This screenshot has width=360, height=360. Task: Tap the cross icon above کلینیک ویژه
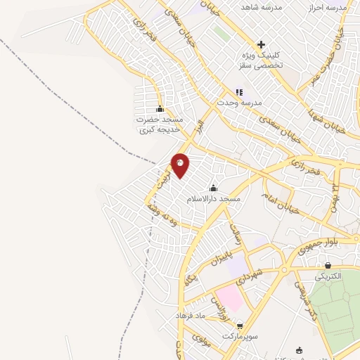(261, 44)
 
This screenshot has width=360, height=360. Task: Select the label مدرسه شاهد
(262, 6)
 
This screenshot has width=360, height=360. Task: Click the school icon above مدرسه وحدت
(239, 92)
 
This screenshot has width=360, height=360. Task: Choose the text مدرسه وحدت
(240, 103)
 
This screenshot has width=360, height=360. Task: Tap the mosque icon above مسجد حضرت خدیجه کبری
(160, 108)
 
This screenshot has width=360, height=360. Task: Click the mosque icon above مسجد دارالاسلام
(214, 188)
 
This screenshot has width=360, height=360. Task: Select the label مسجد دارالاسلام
(214, 199)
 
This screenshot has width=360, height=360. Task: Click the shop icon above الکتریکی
(328, 265)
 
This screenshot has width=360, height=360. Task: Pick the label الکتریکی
(328, 276)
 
